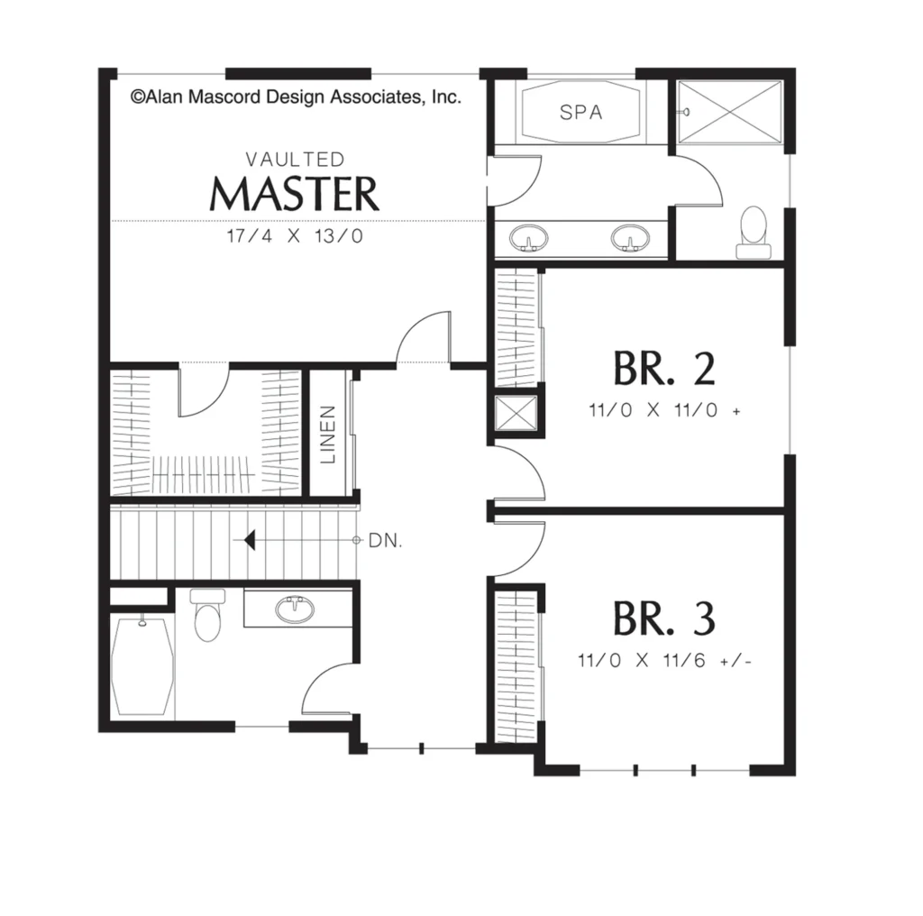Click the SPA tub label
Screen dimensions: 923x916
point(581,113)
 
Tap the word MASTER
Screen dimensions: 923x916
point(295,194)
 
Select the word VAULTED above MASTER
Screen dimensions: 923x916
point(295,159)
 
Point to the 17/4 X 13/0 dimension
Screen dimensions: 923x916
point(295,236)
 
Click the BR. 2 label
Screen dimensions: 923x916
point(664,369)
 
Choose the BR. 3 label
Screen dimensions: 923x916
point(664,618)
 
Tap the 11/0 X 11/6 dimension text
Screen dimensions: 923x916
point(665,661)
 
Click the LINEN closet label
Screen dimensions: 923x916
point(328,434)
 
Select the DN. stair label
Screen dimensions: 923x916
point(386,540)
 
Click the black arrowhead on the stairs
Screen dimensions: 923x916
point(250,540)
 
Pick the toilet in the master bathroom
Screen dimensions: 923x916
point(754,233)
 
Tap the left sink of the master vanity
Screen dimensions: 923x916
point(528,238)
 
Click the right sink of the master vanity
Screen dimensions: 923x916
point(630,238)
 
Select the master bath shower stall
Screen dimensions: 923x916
point(730,112)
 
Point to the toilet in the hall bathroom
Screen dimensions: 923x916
point(206,615)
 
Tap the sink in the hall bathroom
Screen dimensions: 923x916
point(295,610)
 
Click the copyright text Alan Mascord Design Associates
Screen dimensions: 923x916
point(296,96)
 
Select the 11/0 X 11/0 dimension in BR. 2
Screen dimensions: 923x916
point(664,409)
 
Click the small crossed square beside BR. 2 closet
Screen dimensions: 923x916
point(516,413)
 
